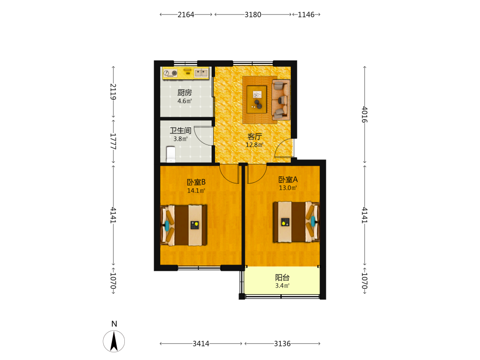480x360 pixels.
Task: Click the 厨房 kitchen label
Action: [x=185, y=93]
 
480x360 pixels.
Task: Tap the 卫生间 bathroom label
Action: [x=180, y=131]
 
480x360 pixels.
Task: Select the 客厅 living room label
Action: [x=255, y=136]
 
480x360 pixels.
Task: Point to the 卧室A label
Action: [x=288, y=180]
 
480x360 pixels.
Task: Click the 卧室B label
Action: [x=196, y=182]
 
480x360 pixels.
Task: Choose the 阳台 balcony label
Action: [x=282, y=277]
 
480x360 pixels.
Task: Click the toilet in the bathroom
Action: [x=171, y=154]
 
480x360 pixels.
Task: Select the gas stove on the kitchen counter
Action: [x=170, y=73]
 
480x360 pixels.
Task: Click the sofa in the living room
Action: [x=281, y=99]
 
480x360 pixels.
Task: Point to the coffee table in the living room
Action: [x=257, y=99]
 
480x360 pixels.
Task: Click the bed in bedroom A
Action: [x=296, y=222]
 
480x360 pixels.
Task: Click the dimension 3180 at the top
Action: [x=253, y=14]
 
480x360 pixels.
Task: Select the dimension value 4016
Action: [x=364, y=115]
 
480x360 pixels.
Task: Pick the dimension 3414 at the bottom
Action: [x=201, y=344]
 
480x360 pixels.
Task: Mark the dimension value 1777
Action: [x=113, y=142]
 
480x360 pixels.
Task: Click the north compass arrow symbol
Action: [x=114, y=341]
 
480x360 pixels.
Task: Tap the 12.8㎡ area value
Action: [x=255, y=145]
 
